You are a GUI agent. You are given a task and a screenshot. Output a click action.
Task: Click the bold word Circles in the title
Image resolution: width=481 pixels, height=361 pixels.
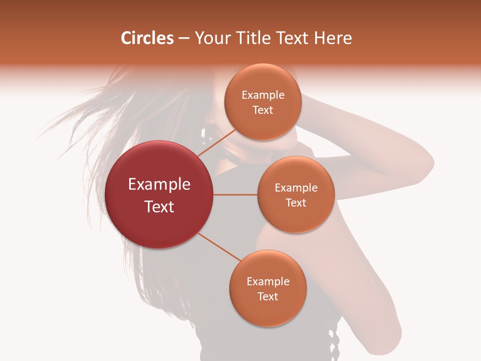[x=147, y=38]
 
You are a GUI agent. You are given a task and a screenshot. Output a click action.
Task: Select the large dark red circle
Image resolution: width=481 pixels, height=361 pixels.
[x=159, y=195]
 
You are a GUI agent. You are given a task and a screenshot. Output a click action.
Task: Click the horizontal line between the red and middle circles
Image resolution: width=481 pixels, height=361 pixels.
[x=235, y=195]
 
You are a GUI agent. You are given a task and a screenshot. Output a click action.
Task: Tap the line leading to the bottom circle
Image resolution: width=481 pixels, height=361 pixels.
[x=218, y=247]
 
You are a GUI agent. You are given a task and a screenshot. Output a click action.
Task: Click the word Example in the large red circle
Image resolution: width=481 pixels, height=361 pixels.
[x=159, y=185]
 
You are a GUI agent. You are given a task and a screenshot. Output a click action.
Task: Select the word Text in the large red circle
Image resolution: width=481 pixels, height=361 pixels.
[x=159, y=207]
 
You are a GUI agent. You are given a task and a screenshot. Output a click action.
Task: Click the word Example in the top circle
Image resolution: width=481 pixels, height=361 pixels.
[x=263, y=95]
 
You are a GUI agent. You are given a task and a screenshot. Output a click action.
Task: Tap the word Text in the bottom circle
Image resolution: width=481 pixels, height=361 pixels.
[x=268, y=296]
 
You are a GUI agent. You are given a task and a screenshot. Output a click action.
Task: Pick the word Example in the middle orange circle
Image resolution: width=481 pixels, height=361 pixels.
[x=296, y=188]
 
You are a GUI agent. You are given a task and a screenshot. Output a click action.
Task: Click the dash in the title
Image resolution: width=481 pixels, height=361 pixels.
[x=184, y=39]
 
